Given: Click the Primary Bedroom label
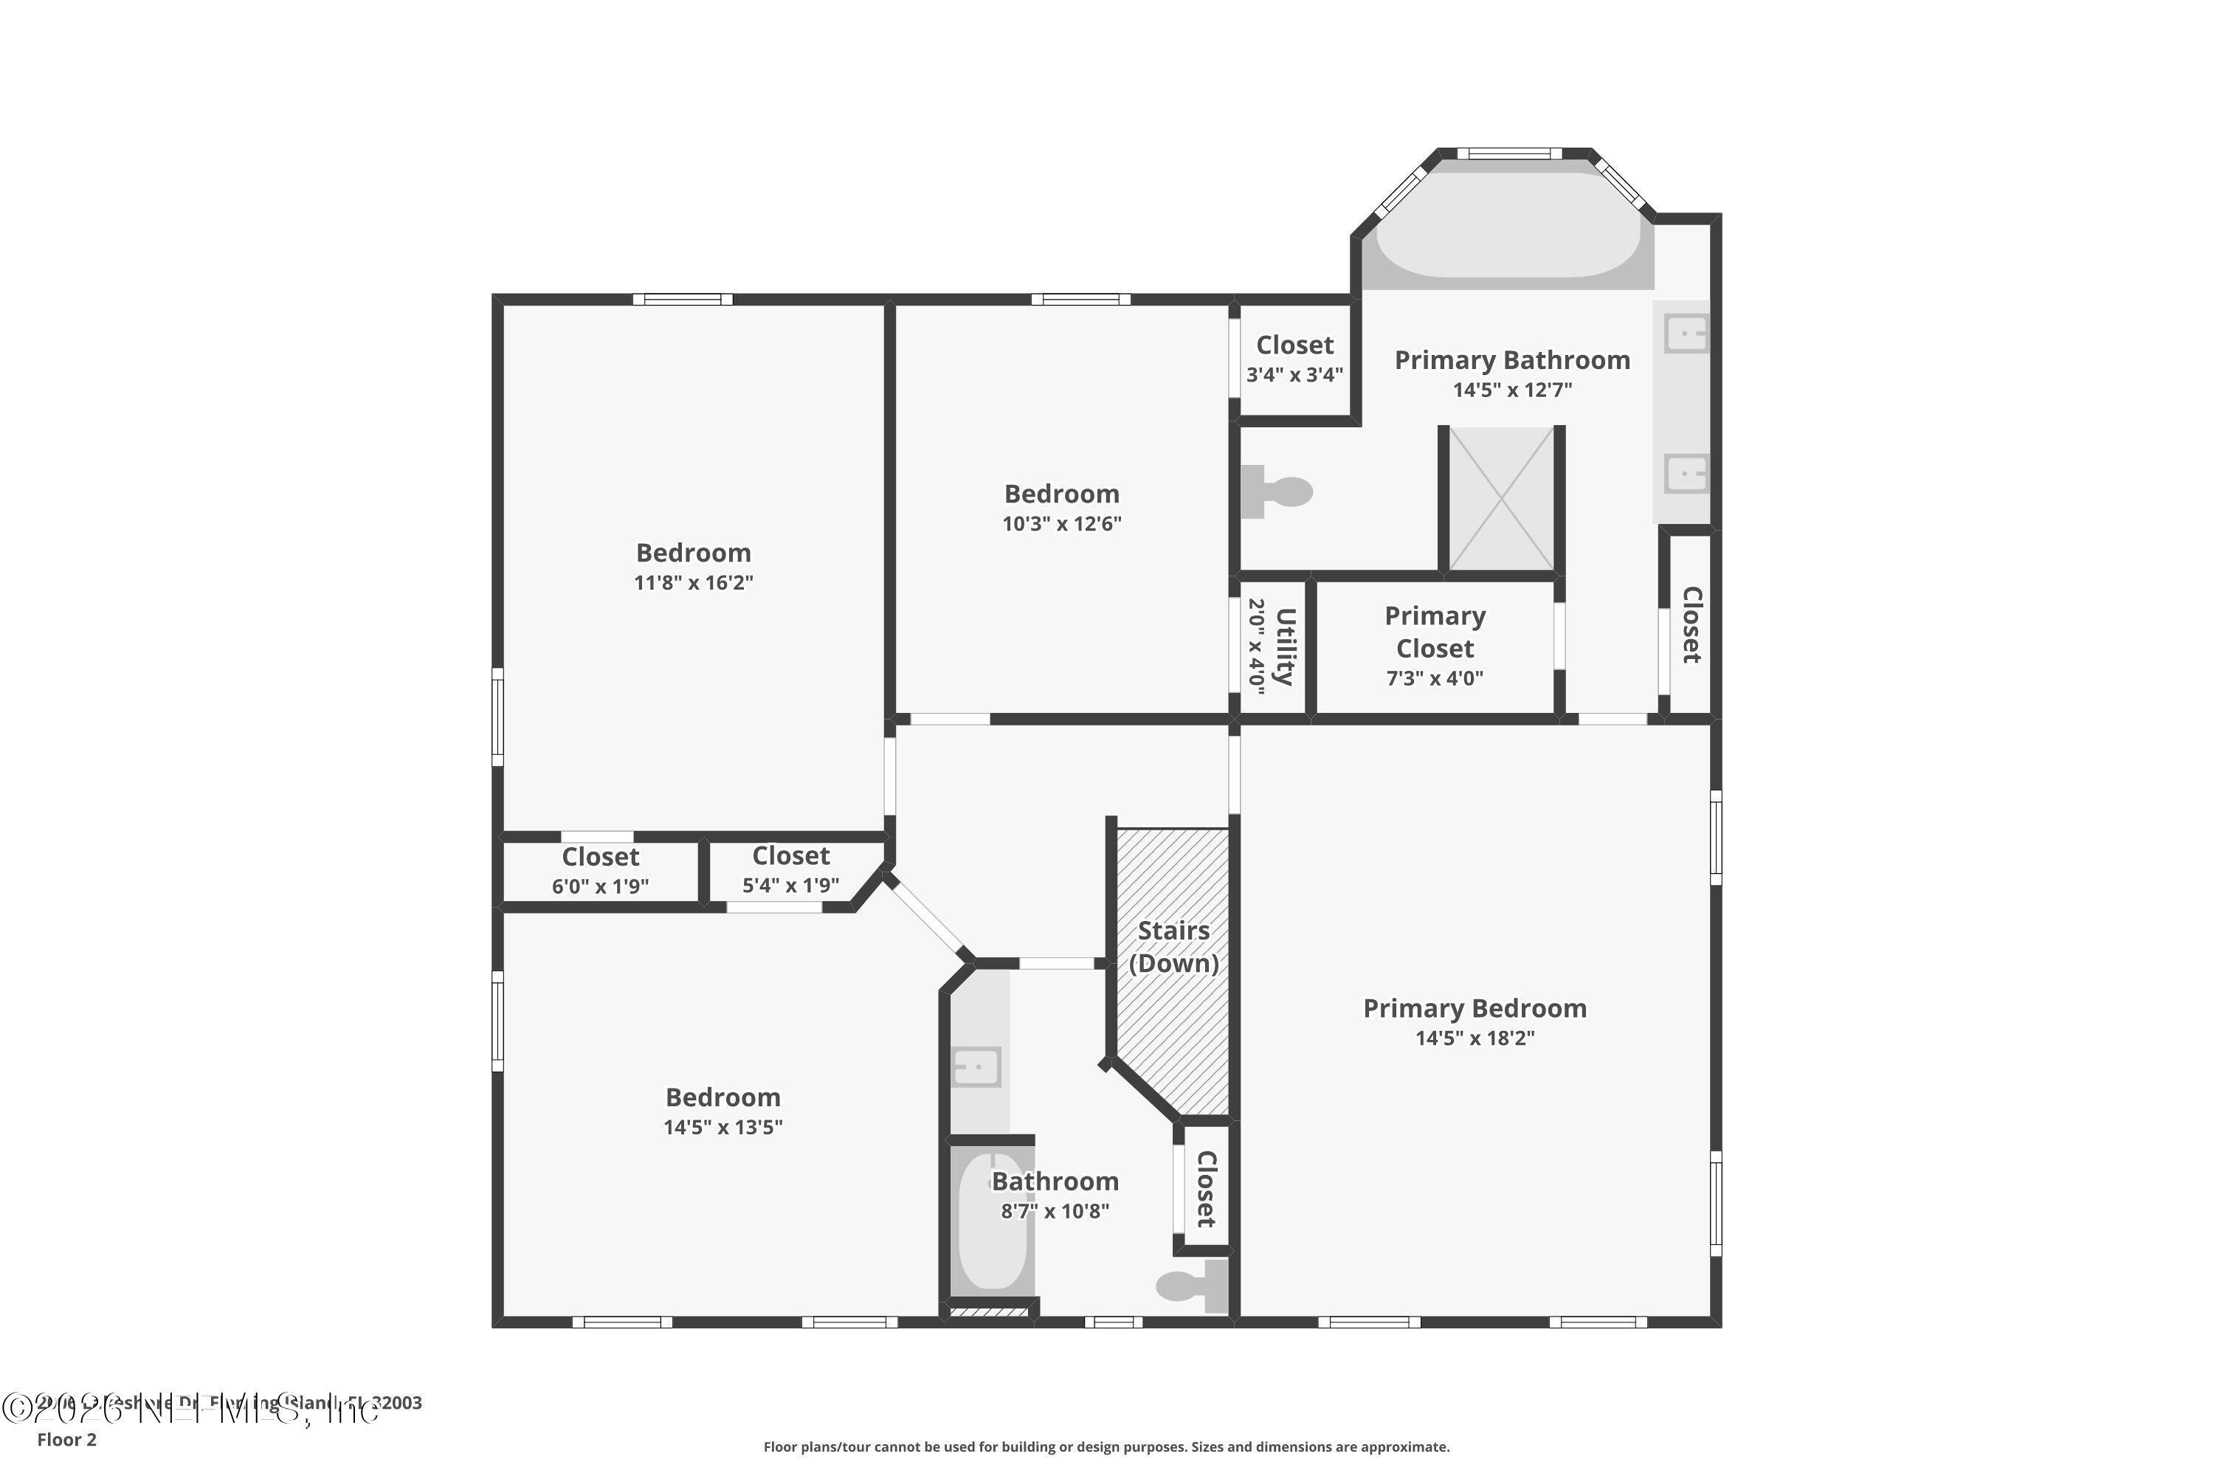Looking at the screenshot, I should pyautogui.click(x=1474, y=1008).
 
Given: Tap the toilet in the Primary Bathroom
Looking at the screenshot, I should pyautogui.click(x=1279, y=492).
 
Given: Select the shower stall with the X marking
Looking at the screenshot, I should pyautogui.click(x=1500, y=499).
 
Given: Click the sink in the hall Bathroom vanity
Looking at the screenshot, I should pyautogui.click(x=977, y=1066).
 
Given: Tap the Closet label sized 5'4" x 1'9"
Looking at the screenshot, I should pyautogui.click(x=790, y=855).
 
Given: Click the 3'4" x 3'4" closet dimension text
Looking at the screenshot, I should pyautogui.click(x=1294, y=375).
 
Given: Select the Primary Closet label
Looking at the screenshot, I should pyautogui.click(x=1435, y=632).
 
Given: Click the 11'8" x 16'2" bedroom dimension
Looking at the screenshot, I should pyautogui.click(x=693, y=583).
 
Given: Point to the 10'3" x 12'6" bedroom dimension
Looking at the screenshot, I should pyautogui.click(x=1061, y=523).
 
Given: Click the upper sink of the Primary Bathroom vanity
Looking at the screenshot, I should pyautogui.click(x=1685, y=334).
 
